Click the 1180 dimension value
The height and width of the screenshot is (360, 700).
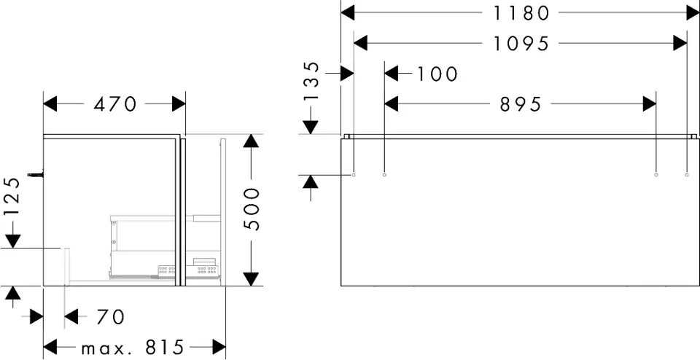click(x=521, y=12)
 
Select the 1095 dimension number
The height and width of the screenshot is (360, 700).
click(x=521, y=44)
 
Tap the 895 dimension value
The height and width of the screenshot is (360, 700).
click(x=521, y=105)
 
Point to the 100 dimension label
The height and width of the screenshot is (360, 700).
click(x=437, y=74)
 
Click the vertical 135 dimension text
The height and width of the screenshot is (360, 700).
click(x=311, y=82)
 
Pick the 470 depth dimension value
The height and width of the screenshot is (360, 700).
click(x=115, y=105)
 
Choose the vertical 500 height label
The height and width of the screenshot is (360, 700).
click(x=251, y=208)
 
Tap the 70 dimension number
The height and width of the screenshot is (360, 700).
click(x=109, y=317)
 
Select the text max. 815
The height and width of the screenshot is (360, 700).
click(x=133, y=347)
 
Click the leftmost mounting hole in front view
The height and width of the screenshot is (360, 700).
click(x=354, y=175)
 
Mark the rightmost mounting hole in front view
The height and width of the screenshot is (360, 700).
click(x=687, y=175)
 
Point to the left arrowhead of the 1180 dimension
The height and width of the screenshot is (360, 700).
click(x=348, y=12)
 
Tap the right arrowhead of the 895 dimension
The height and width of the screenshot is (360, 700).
click(x=650, y=105)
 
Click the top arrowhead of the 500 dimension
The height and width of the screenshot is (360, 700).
click(x=250, y=141)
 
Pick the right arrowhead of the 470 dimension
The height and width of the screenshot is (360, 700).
click(x=179, y=105)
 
